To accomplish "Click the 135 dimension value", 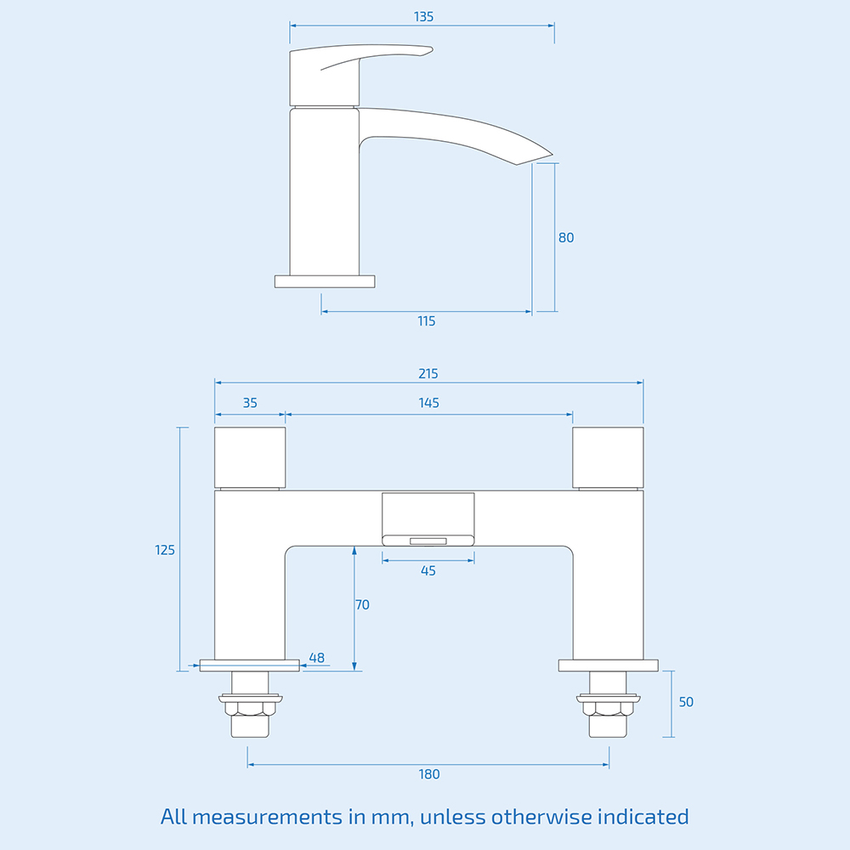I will pyautogui.click(x=423, y=16).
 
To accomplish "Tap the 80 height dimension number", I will pyautogui.click(x=566, y=237).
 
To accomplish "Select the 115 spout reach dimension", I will pyautogui.click(x=427, y=320).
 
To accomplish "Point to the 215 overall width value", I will pyautogui.click(x=428, y=373).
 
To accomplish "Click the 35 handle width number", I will pyautogui.click(x=249, y=403).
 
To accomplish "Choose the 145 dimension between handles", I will pyautogui.click(x=428, y=403).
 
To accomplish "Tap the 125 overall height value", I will pyautogui.click(x=165, y=550).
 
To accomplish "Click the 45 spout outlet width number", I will pyautogui.click(x=428, y=570).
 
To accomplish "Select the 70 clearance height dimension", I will pyautogui.click(x=362, y=605).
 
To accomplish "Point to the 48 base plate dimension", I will pyautogui.click(x=317, y=657).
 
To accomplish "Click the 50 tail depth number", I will pyautogui.click(x=686, y=702).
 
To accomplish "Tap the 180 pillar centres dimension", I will pyautogui.click(x=429, y=773).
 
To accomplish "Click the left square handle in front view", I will pyautogui.click(x=250, y=457).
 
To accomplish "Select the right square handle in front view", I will pyautogui.click(x=608, y=457).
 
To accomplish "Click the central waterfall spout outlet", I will pyautogui.click(x=428, y=539).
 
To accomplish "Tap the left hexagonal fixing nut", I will pyautogui.click(x=249, y=708).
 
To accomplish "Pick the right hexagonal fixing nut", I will pyautogui.click(x=608, y=708).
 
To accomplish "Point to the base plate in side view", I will pyautogui.click(x=325, y=280).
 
